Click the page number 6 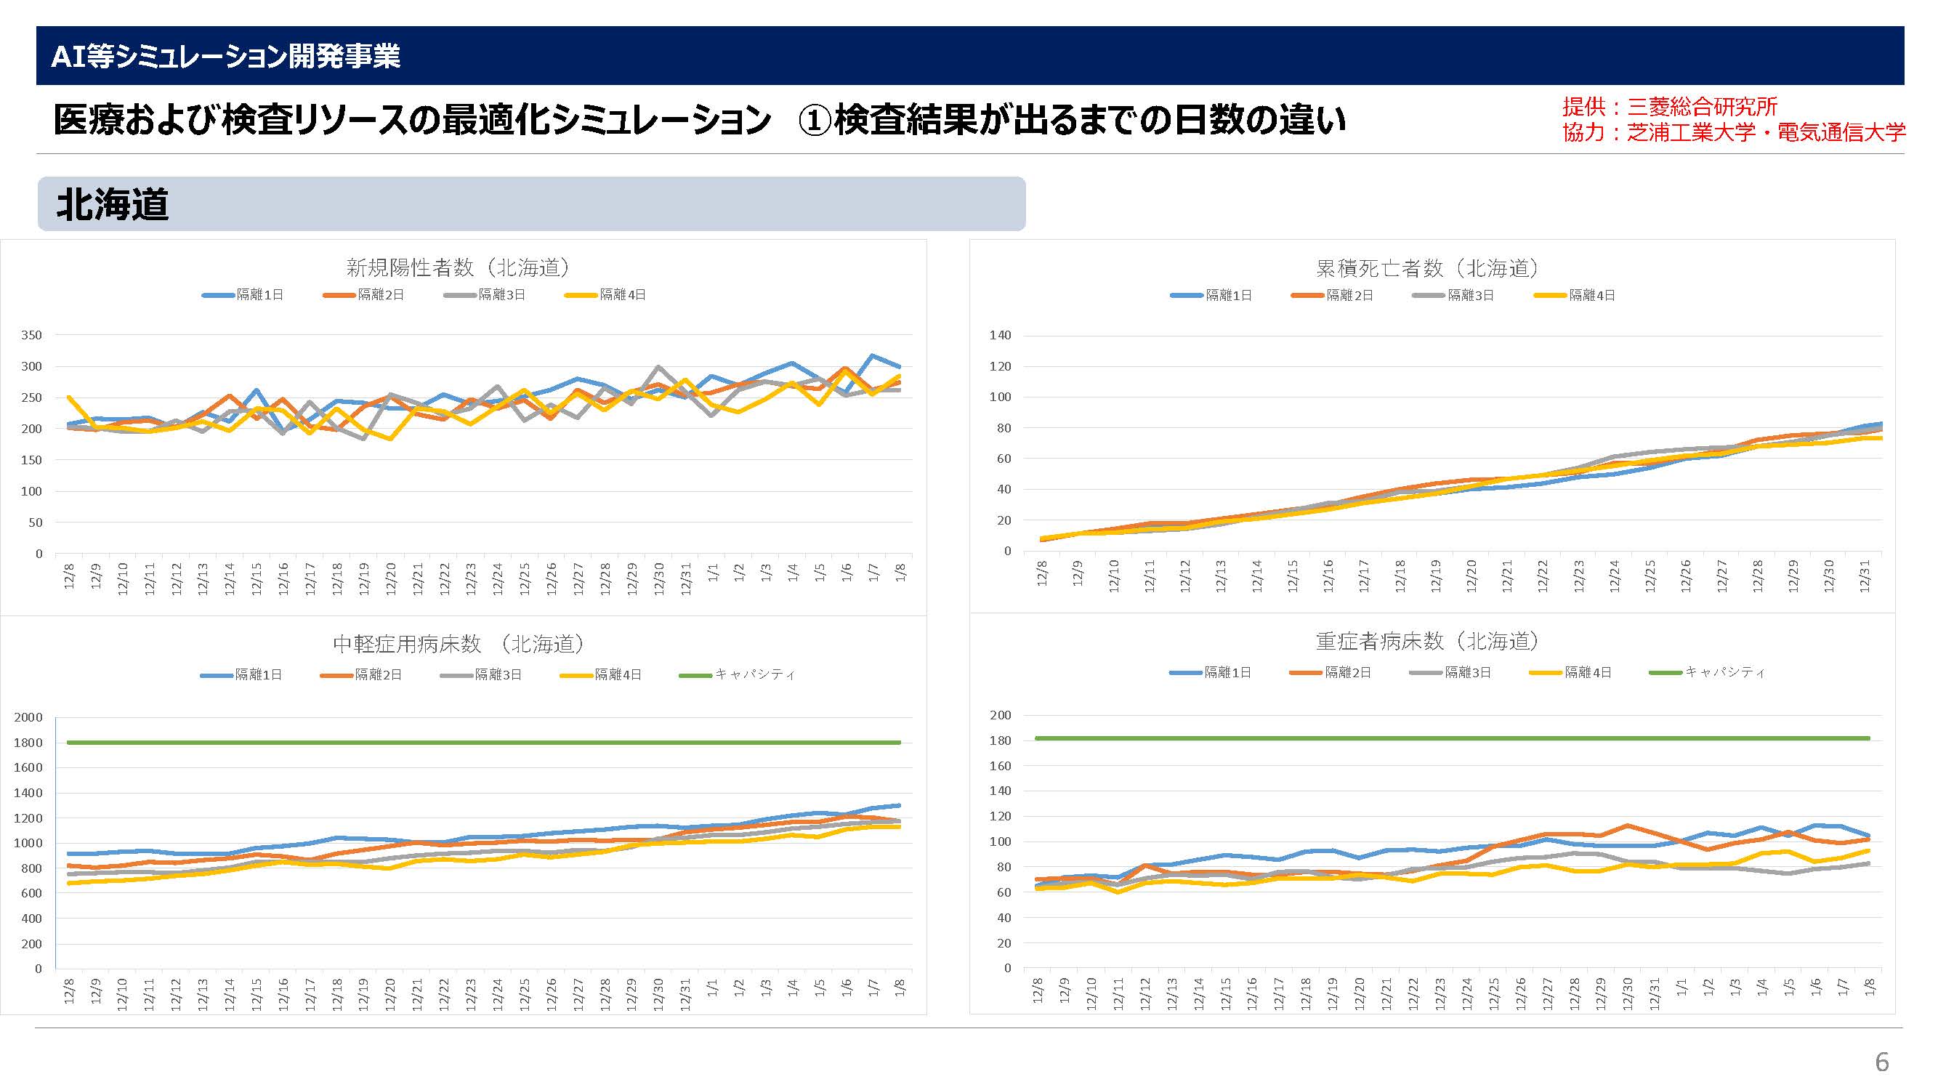1881,1062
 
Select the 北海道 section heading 113,205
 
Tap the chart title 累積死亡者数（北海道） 1427,268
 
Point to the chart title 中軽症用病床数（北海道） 459,644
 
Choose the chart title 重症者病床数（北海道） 1427,642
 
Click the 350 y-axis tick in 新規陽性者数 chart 31,336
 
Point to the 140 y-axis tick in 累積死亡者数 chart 1000,336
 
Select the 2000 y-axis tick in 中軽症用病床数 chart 28,718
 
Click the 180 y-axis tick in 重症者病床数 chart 1000,741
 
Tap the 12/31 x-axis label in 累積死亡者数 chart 1865,576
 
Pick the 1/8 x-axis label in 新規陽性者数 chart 900,573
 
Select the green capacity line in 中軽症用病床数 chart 482,743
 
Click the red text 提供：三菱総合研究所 1669,107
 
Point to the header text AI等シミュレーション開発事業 225,57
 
